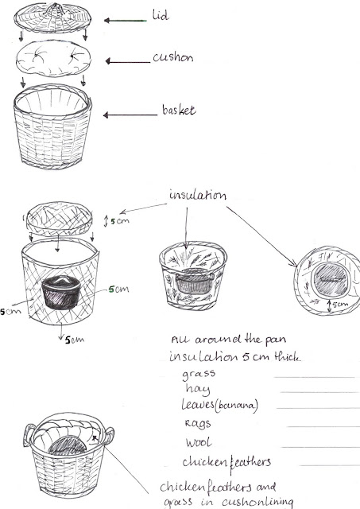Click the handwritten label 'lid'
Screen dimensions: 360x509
(x=161, y=15)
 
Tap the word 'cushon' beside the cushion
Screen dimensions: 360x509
(x=173, y=57)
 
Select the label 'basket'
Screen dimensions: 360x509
(x=179, y=110)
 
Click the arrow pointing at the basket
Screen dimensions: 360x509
(x=130, y=115)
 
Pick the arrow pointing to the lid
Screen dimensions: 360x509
(x=126, y=21)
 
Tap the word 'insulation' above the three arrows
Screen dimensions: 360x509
(x=198, y=195)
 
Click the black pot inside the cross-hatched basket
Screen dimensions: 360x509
(x=61, y=292)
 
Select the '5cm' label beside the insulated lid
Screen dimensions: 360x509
(x=120, y=221)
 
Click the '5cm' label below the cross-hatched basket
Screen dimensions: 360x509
(x=75, y=340)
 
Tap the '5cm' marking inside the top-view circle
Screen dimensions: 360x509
(x=340, y=305)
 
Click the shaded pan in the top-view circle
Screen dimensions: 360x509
(x=330, y=279)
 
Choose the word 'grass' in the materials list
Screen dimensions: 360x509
(x=199, y=375)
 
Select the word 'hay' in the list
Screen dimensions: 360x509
(x=198, y=389)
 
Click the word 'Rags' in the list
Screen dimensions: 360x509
(x=198, y=423)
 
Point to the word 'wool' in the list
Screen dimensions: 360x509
(x=199, y=442)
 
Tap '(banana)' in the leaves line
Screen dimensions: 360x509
(x=238, y=406)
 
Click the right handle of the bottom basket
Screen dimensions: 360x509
(x=109, y=436)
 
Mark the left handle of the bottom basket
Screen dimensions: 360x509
(x=29, y=435)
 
